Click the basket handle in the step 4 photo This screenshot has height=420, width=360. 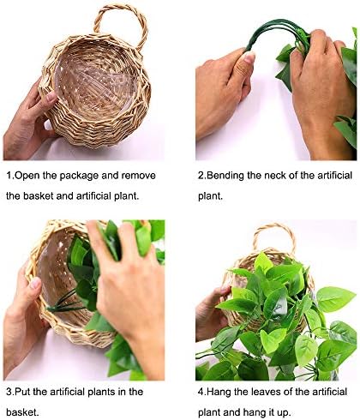(274, 236)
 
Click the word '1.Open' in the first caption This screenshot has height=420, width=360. (26, 175)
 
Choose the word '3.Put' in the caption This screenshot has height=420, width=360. (21, 392)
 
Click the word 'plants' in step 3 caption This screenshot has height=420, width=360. (121, 392)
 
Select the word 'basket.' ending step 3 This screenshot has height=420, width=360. (24, 413)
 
